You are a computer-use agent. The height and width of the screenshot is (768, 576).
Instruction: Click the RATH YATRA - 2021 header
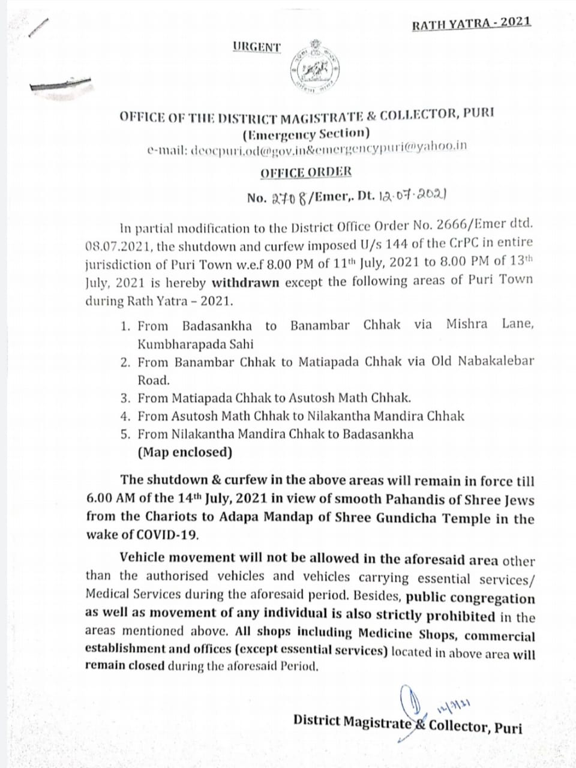[471, 23]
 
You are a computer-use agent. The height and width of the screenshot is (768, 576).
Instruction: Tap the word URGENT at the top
[257, 47]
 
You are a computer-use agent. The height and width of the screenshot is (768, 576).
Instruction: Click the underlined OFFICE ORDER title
[306, 172]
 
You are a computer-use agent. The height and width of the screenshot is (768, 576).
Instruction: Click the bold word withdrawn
[245, 281]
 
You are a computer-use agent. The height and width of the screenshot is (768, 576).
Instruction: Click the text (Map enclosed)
[185, 452]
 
